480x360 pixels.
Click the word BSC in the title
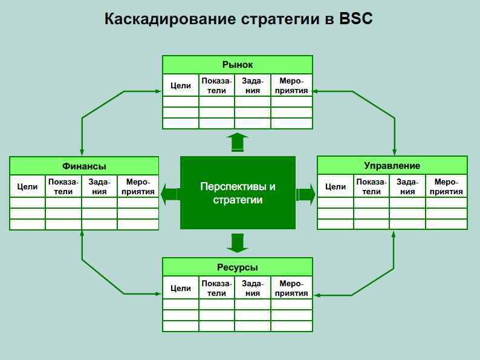click(x=356, y=19)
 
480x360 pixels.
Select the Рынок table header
click(x=238, y=65)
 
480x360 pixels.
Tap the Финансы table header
click(x=84, y=166)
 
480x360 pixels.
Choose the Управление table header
click(x=392, y=165)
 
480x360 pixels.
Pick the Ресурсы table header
click(x=238, y=267)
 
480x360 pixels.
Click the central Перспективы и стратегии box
click(x=238, y=193)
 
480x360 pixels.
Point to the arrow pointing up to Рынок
click(x=238, y=142)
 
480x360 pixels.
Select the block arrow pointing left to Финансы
click(x=170, y=194)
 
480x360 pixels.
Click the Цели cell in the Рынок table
click(x=181, y=86)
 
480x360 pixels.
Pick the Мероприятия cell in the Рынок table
click(x=291, y=86)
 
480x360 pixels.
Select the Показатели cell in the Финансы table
click(x=63, y=187)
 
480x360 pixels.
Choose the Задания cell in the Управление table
click(x=407, y=187)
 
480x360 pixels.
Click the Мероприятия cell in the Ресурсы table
click(x=291, y=289)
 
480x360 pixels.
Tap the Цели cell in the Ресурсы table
click(x=181, y=289)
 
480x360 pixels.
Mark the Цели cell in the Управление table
click(x=336, y=187)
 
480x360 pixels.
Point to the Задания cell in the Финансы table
click(x=99, y=187)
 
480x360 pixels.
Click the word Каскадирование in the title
click(x=170, y=19)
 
